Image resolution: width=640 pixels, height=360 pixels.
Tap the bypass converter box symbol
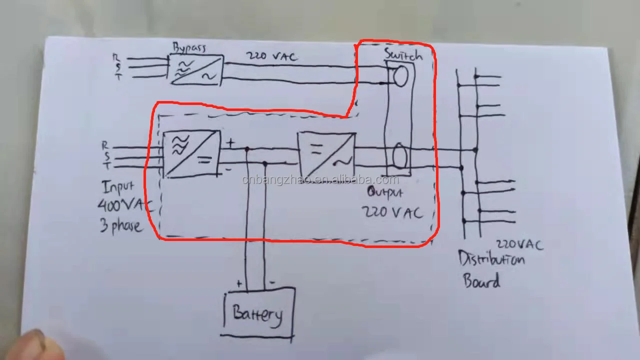(x=196, y=69)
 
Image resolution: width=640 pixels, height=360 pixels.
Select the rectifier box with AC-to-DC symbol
(x=191, y=153)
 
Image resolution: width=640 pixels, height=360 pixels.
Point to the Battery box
(x=258, y=313)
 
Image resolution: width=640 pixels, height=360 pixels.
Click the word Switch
(x=402, y=54)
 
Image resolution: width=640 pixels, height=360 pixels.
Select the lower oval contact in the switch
(x=399, y=155)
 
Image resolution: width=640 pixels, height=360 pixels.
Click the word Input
(x=118, y=187)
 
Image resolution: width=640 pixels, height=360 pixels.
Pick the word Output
(x=384, y=191)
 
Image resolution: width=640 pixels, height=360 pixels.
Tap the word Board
(x=481, y=280)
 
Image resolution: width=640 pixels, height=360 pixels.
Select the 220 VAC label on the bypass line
(x=271, y=56)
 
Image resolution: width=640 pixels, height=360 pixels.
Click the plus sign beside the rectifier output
(x=230, y=143)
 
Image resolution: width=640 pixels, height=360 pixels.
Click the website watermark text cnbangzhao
(x=320, y=180)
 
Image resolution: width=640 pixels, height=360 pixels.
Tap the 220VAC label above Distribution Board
(x=519, y=244)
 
